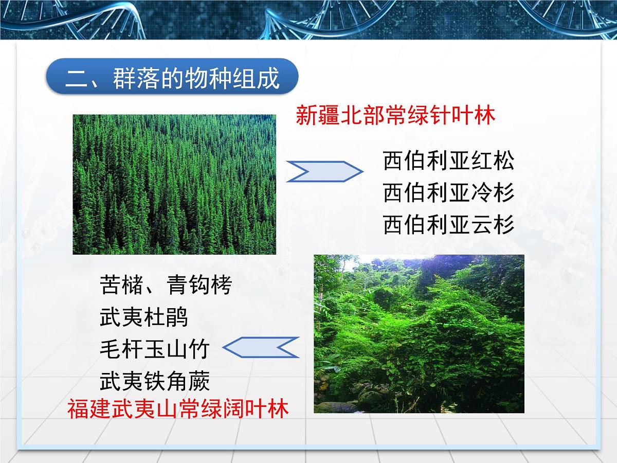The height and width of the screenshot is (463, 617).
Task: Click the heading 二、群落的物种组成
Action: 172,78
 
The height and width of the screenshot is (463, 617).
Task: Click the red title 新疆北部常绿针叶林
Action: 395,116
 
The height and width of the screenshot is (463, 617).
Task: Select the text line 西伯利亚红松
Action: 448,161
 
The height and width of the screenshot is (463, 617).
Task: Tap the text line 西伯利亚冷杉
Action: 448,193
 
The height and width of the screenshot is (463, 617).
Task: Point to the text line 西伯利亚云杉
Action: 448,225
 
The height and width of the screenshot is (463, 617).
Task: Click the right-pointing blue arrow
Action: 324,171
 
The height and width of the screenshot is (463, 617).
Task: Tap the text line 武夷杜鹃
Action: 144,317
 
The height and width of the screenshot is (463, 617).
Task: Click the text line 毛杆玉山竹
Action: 154,349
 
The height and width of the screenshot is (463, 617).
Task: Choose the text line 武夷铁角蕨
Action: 155,381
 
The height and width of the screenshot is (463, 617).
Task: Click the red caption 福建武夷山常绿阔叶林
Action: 178,409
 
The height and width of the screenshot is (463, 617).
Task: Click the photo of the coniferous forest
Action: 174,184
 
